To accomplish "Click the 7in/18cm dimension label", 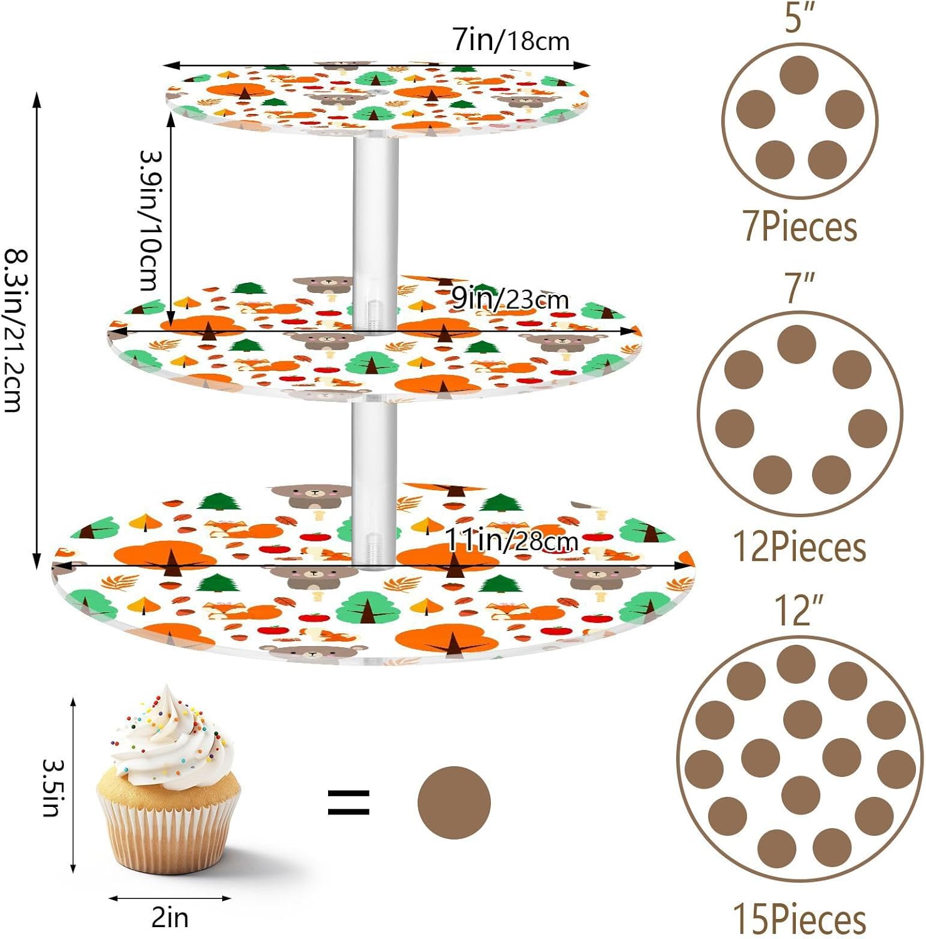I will pyautogui.click(x=511, y=40).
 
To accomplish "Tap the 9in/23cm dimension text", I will pyautogui.click(x=510, y=299).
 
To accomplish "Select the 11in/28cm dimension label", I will pyautogui.click(x=511, y=540).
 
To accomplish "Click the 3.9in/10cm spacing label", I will pyautogui.click(x=150, y=220).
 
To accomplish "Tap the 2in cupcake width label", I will pyautogui.click(x=170, y=918).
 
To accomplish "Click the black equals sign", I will pyautogui.click(x=349, y=803).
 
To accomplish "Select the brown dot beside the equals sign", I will pyautogui.click(x=454, y=802).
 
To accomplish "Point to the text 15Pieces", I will pyautogui.click(x=800, y=919).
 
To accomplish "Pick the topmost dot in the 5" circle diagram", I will pyautogui.click(x=800, y=74).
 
